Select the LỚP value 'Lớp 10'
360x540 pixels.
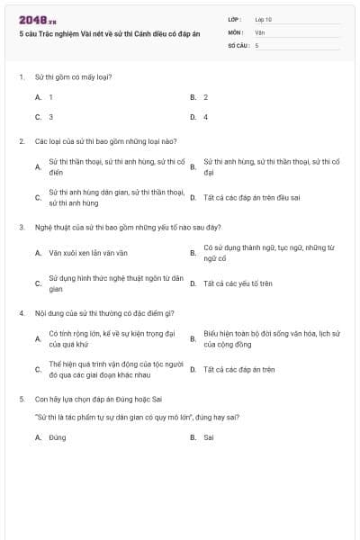tap(263, 19)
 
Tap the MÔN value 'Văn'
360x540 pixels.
tap(259, 32)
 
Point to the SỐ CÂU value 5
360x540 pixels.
tap(256, 45)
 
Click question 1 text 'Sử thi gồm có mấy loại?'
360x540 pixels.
tap(73, 76)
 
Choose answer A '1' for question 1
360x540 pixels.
tap(51, 96)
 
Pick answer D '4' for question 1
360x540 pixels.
tap(205, 117)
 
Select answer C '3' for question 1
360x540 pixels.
tap(51, 117)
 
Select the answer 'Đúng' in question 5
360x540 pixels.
tap(58, 437)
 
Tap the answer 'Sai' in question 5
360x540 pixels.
tap(208, 437)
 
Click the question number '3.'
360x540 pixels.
tap(21, 227)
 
